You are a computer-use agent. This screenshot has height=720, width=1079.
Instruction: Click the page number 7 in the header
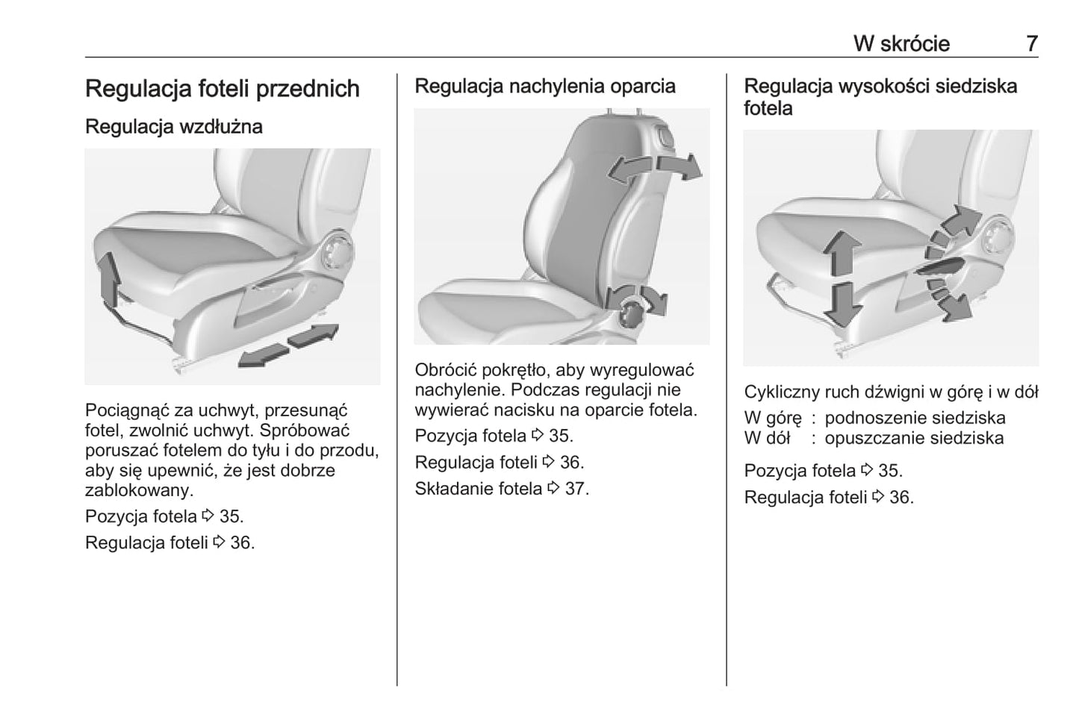pos(1031,43)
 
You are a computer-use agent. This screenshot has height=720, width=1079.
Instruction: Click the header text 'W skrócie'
pos(901,43)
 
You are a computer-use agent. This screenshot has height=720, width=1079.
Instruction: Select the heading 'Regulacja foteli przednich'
pos(222,89)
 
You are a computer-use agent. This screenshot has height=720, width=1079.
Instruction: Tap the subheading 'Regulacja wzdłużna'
pos(173,126)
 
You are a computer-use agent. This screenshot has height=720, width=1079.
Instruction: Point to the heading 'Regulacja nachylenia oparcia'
pos(544,86)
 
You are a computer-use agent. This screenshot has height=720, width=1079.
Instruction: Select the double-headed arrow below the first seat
pos(288,345)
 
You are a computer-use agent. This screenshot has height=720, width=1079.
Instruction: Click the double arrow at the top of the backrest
pos(654,169)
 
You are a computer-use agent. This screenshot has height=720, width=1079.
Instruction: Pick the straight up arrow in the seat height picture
pos(842,253)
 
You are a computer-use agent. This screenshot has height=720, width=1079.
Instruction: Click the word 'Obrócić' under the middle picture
pos(446,370)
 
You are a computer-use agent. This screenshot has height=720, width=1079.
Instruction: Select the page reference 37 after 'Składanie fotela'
pos(576,489)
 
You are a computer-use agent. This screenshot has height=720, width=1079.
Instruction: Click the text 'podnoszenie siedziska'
pos(915,418)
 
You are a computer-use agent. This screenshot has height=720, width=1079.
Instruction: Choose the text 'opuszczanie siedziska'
pos(914,438)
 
